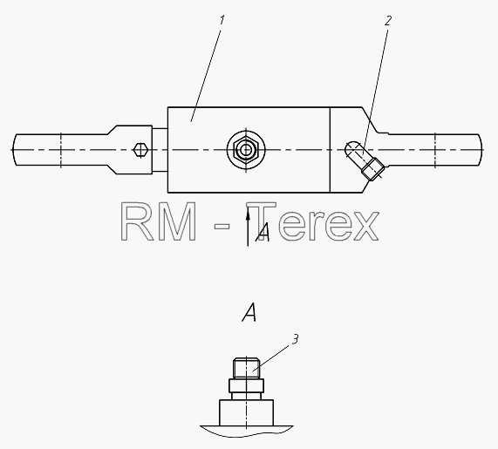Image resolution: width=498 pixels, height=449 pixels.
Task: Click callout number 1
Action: click(x=222, y=21)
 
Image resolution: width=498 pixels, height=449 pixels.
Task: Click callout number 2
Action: click(x=388, y=21)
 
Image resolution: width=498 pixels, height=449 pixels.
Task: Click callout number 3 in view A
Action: click(x=296, y=339)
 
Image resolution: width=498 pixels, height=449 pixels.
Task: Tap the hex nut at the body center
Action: click(x=246, y=149)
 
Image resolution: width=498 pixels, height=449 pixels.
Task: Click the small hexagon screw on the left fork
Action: click(x=140, y=150)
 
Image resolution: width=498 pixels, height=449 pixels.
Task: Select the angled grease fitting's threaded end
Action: click(x=373, y=168)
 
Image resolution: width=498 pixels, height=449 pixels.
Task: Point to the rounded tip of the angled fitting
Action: click(x=351, y=147)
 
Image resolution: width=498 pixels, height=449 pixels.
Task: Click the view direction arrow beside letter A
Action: click(x=248, y=226)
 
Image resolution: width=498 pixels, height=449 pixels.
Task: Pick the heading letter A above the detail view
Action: click(x=249, y=312)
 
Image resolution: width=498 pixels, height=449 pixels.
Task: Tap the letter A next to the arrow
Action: click(x=263, y=233)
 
